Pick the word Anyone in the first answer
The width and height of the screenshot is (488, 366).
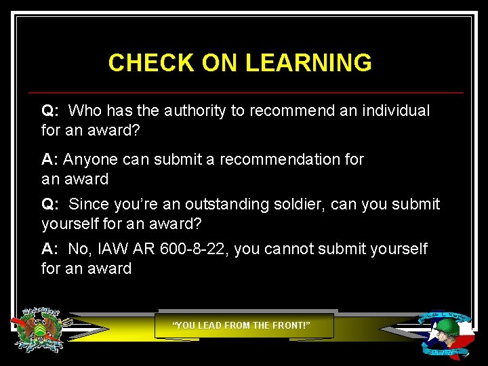pyautogui.click(x=90, y=159)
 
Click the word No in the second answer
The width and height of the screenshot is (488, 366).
pyautogui.click(x=79, y=249)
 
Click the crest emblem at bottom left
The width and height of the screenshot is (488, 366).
pyautogui.click(x=40, y=330)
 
